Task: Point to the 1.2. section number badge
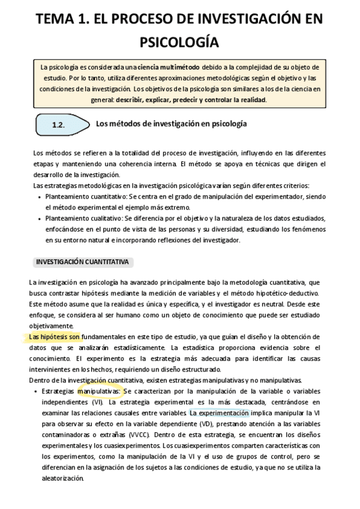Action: click(59, 125)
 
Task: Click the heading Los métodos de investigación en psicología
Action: click(172, 124)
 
